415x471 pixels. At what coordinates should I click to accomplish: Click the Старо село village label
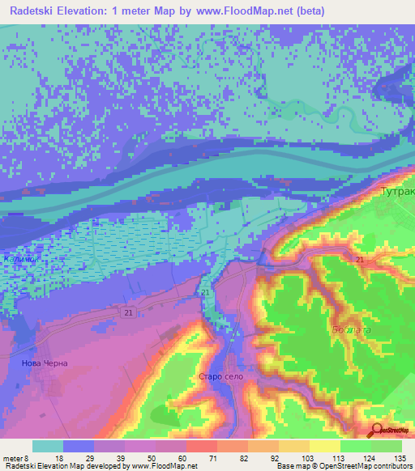(x=220, y=377)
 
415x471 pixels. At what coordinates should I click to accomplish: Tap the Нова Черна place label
(x=45, y=363)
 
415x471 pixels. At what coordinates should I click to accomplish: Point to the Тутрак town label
(x=397, y=193)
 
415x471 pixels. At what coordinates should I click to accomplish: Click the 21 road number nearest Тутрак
(x=358, y=259)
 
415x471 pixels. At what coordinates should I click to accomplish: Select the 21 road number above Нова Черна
(x=130, y=312)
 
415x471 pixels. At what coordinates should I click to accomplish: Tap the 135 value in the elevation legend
(x=396, y=458)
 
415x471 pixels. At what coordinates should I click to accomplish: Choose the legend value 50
(x=150, y=458)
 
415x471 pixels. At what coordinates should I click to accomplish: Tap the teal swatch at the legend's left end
(x=48, y=446)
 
